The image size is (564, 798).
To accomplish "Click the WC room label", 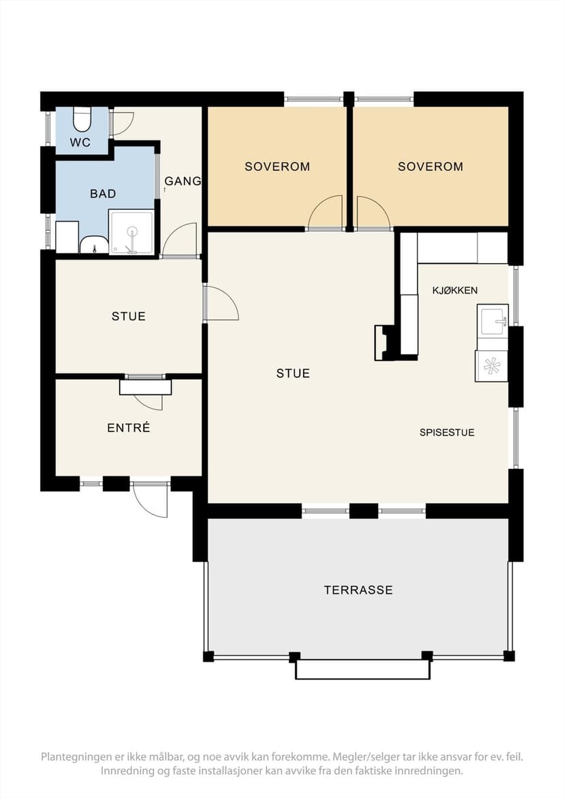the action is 80,142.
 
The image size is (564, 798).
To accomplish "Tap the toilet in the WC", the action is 82,120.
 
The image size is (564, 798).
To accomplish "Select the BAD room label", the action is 103,194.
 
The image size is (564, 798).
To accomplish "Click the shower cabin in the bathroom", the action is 131,232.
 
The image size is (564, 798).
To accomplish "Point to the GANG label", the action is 183,181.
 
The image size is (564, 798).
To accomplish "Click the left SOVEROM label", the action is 277,166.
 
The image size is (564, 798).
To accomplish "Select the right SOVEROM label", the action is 430,166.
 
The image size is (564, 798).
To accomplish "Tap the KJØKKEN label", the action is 454,290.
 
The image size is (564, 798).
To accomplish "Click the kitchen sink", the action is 492,320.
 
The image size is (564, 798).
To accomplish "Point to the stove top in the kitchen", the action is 491,366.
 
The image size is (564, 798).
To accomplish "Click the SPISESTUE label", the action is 447,433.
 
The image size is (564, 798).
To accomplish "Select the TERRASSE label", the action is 358,590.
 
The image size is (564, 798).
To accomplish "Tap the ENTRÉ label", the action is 129,428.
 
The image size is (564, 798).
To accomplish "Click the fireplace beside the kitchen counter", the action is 385,343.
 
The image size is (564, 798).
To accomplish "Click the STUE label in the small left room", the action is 129,317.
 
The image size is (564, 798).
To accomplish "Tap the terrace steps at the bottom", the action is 363,670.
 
